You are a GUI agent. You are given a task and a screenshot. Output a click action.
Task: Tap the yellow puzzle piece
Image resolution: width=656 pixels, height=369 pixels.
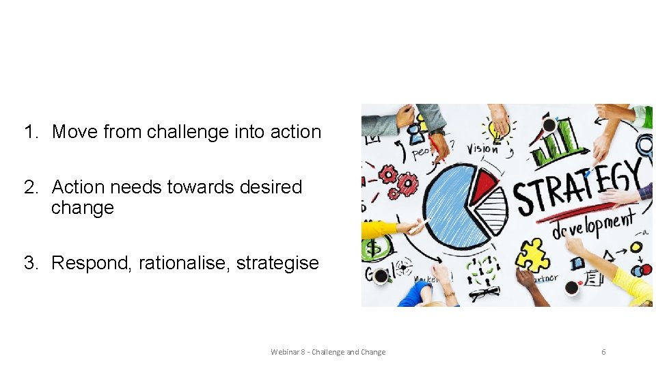coord(533,256)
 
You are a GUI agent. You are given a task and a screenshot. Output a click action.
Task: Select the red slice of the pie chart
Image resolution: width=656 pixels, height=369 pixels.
coord(484,182)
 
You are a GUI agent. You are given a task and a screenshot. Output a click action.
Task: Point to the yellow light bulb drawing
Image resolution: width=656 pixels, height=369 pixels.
coord(493,127)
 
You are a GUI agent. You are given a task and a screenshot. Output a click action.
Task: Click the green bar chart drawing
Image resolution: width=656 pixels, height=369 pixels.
coord(557,143)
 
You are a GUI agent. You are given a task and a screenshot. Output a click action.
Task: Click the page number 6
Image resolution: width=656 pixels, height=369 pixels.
coord(603,352)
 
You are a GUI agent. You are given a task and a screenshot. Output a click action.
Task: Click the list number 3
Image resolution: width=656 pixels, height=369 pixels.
coord(30,263)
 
